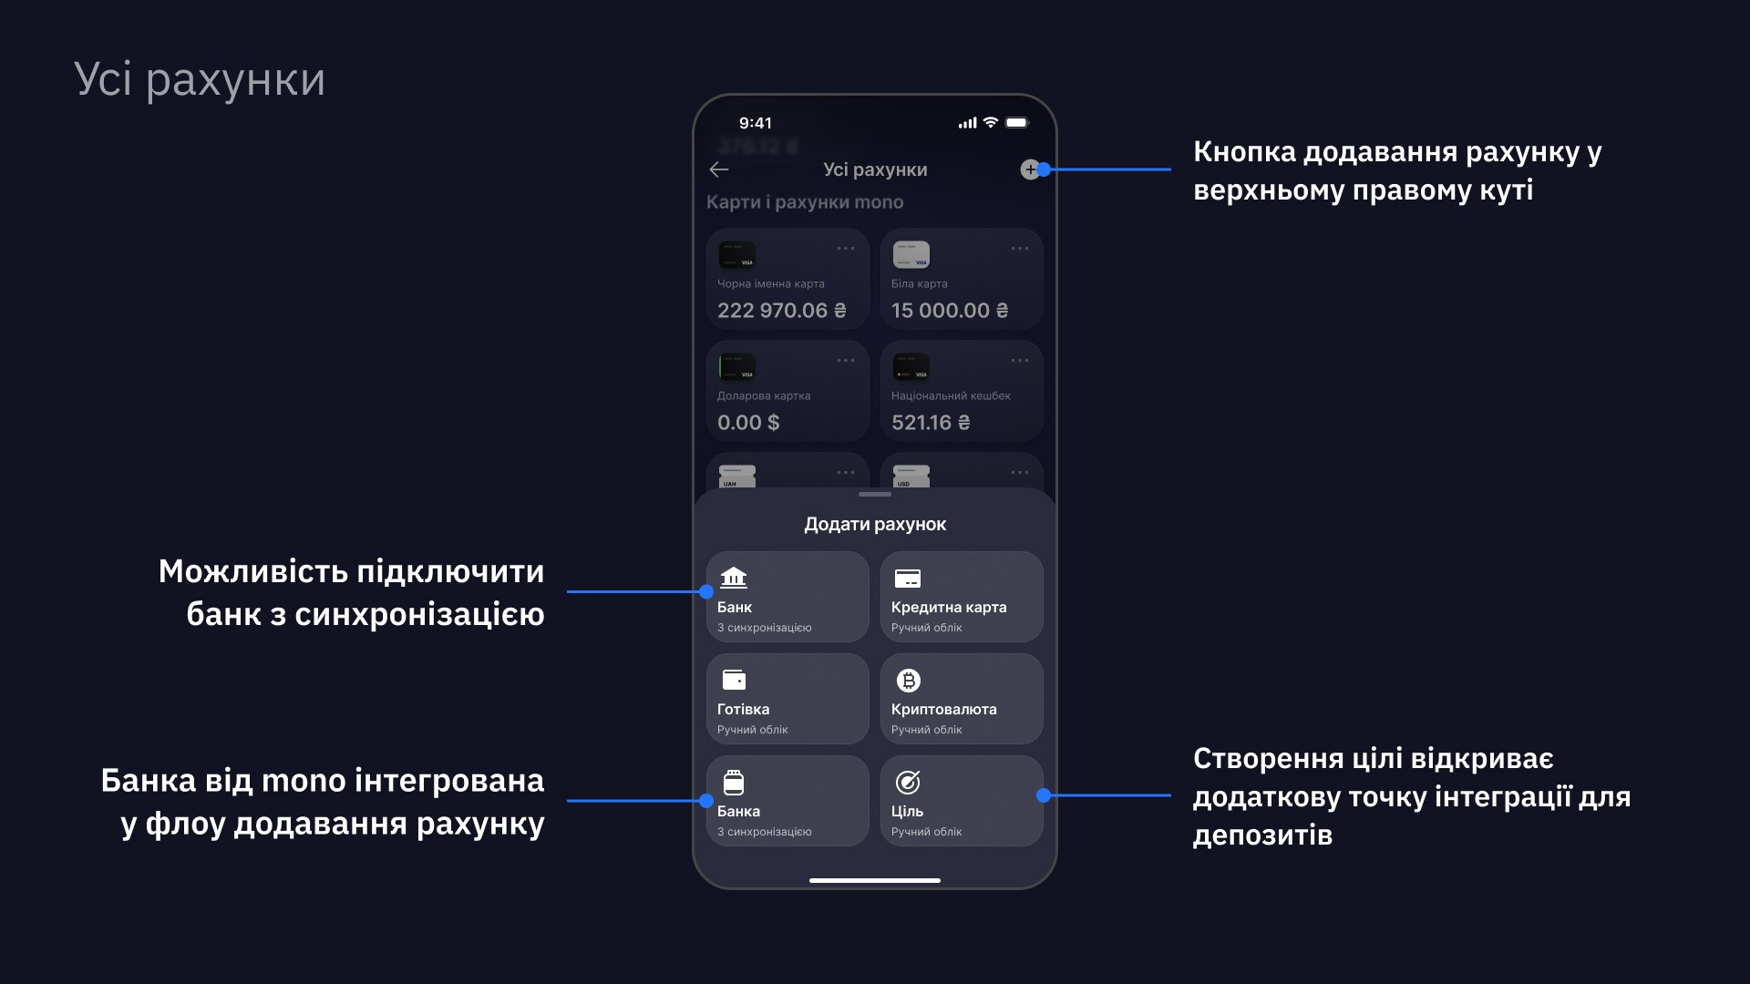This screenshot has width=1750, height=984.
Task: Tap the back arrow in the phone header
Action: (719, 169)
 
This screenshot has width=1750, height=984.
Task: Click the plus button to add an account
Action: (1030, 169)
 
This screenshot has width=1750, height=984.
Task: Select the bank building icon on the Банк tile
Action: (734, 578)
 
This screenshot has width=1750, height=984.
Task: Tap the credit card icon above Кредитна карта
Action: (908, 579)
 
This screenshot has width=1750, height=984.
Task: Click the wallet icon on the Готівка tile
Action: (734, 680)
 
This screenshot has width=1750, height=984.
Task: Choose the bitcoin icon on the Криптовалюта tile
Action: (909, 681)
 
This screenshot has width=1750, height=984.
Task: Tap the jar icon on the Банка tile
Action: (734, 782)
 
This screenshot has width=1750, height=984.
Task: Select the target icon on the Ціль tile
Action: (908, 782)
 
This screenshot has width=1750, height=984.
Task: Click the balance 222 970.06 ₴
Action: (781, 311)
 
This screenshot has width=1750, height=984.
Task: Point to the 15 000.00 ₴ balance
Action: (950, 311)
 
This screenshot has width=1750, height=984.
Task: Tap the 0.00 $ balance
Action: (748, 423)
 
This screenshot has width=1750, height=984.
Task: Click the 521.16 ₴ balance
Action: (931, 423)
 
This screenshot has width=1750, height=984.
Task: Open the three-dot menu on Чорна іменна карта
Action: (846, 249)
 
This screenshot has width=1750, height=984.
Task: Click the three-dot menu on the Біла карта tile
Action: (1020, 249)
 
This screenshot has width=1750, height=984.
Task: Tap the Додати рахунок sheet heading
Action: (875, 524)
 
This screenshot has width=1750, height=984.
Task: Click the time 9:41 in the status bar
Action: (756, 123)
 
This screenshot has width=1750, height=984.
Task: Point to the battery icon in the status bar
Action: (1017, 123)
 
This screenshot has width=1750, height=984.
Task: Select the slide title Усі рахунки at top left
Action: (199, 79)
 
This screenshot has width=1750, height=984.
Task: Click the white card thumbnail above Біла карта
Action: (911, 255)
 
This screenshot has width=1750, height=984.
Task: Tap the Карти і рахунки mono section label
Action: (805, 202)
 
